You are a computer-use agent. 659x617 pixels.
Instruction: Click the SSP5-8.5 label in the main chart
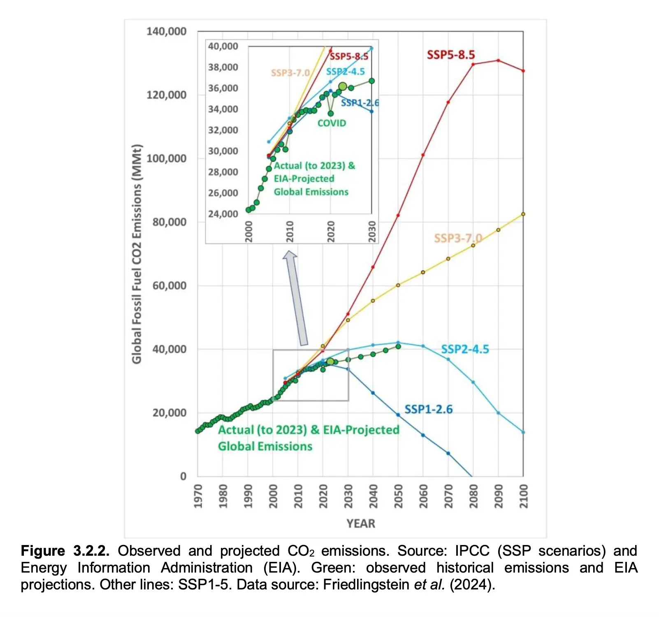tap(450, 55)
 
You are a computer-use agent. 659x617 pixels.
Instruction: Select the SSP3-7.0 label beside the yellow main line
tap(458, 238)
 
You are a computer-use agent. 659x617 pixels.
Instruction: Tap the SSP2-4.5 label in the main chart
tap(465, 349)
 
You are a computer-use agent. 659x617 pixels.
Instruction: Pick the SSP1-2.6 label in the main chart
tap(428, 409)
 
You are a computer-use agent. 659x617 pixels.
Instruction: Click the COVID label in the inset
tap(332, 123)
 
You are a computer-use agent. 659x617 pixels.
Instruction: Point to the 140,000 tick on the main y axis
tap(166, 31)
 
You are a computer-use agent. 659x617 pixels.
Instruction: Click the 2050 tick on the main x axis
tap(398, 496)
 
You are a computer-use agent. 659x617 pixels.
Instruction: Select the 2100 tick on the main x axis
tap(523, 496)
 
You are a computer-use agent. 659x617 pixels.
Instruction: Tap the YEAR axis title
tap(361, 524)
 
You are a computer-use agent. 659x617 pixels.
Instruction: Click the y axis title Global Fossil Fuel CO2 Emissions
tap(137, 254)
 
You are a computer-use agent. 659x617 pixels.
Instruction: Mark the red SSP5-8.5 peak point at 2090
tap(498, 60)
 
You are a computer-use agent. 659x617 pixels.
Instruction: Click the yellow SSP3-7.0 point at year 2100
tap(523, 214)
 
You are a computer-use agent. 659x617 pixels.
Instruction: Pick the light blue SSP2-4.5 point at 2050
tap(398, 342)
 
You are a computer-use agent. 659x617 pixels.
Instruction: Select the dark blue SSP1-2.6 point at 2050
tap(398, 415)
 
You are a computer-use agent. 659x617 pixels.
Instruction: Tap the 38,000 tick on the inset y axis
tap(223, 67)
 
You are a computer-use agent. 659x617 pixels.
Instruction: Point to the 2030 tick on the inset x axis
tap(372, 231)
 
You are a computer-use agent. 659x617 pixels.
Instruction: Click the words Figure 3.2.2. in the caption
tap(65, 551)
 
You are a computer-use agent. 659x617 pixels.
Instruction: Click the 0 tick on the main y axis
tap(183, 476)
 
